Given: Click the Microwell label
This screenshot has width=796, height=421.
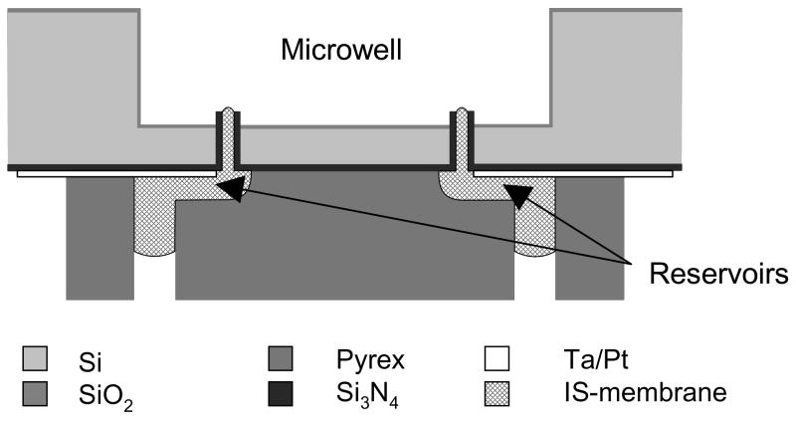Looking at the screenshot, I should click(x=342, y=47).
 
